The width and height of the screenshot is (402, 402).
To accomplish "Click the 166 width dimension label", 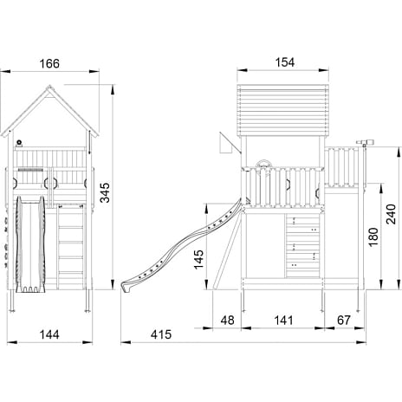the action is click(49, 63).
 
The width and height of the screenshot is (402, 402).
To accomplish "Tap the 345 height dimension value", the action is click(105, 192).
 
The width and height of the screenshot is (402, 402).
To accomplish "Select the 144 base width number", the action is click(49, 334).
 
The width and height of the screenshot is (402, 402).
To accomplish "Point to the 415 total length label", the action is click(161, 334).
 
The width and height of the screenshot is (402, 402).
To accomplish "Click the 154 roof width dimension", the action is click(285, 62).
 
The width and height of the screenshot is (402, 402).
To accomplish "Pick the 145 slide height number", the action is click(198, 260).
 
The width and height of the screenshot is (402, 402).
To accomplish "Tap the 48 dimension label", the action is click(228, 321).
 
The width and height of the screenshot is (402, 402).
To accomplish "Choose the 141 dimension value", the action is click(283, 321).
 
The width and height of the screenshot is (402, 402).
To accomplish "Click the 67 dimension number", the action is click(344, 321).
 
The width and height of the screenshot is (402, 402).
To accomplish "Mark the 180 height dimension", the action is click(373, 237).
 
